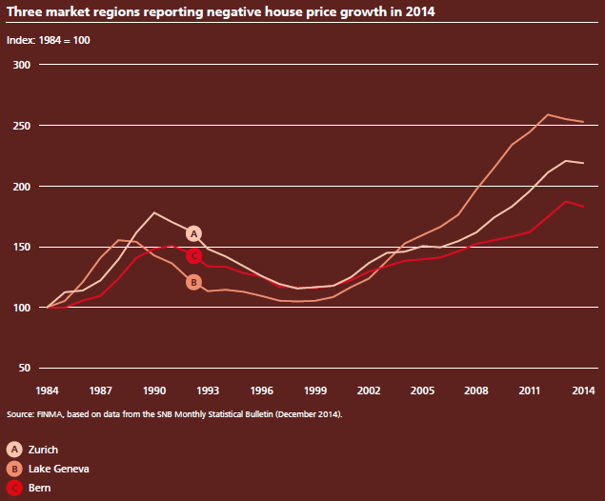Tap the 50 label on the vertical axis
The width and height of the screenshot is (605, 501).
point(26,369)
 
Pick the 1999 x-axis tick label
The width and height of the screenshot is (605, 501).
point(316,391)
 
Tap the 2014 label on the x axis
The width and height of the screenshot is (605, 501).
point(584,391)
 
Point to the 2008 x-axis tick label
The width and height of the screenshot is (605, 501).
point(475,391)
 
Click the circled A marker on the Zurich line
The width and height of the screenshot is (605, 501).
point(193,233)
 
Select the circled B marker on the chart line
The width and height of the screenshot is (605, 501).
point(193,282)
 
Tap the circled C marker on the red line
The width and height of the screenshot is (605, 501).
point(193,256)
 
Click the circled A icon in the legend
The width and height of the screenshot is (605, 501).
point(14,449)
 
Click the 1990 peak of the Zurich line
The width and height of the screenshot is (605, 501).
point(154,212)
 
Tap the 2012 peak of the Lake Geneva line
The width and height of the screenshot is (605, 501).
point(548,114)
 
